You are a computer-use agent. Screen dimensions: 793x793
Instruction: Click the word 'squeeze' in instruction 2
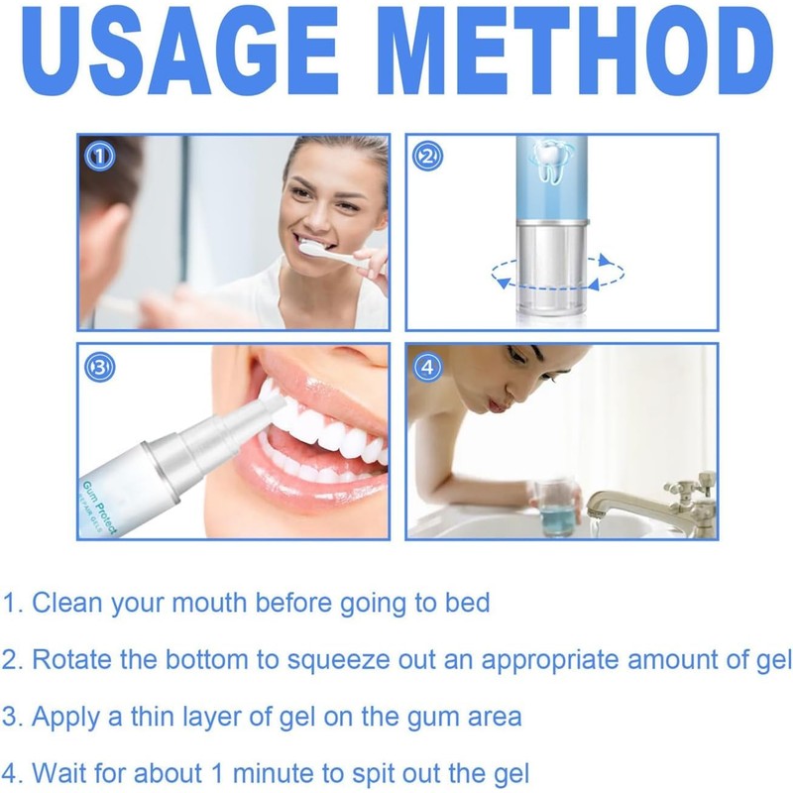tap(329, 658)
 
